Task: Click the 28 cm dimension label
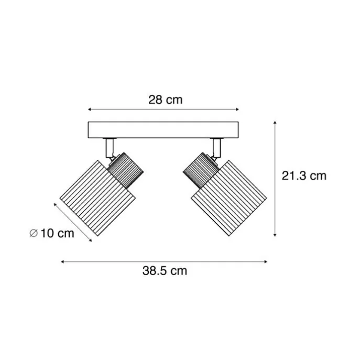point(165,100)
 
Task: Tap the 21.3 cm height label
point(304,176)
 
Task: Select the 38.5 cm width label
point(165,271)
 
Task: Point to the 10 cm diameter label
point(58,233)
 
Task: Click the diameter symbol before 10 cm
point(34,233)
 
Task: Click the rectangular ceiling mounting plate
point(163,130)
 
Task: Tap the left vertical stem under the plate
point(110,148)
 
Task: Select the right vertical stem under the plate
point(216,148)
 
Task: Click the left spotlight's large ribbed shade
point(97,198)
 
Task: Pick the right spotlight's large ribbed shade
point(229,198)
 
